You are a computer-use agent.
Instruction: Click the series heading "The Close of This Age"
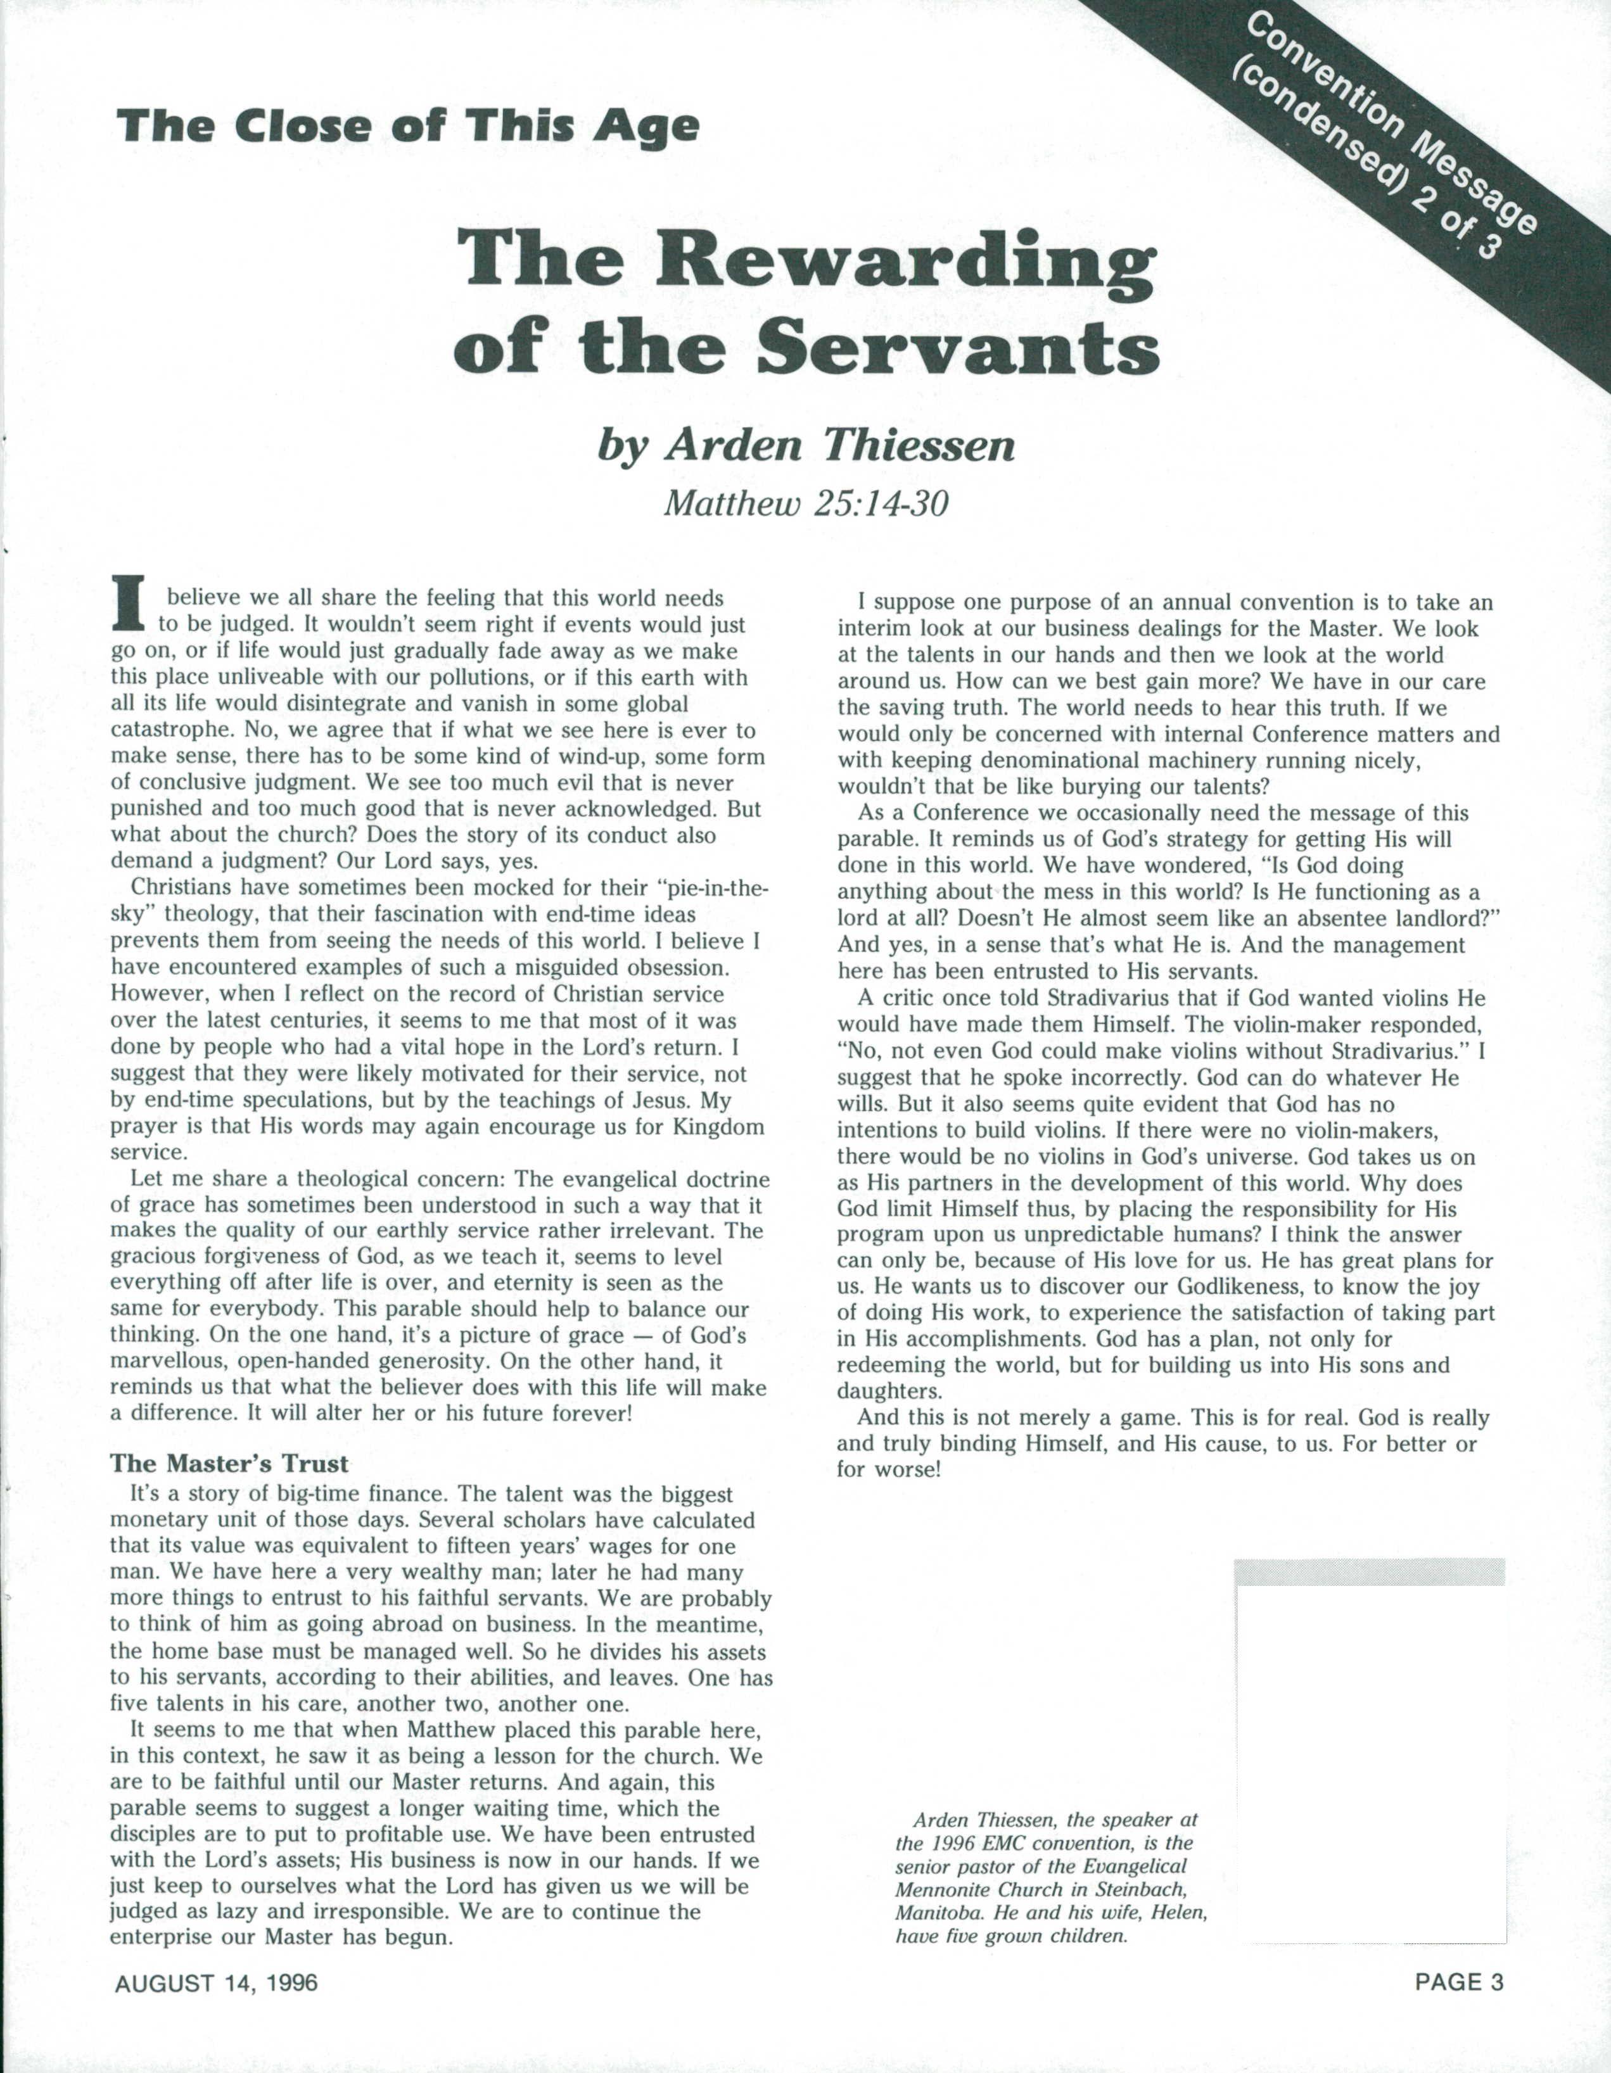pos(407,126)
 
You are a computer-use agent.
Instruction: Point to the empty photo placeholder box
pos(1370,1737)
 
